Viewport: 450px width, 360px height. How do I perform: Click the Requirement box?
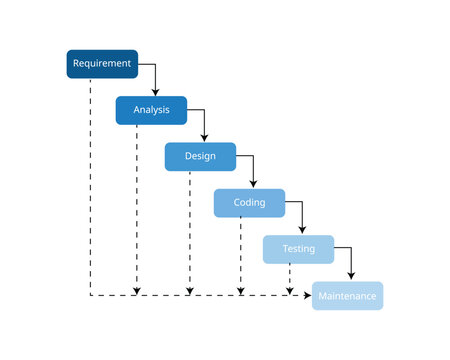[102, 64]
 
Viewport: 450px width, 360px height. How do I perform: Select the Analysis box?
[151, 110]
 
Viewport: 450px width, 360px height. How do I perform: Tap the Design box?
[200, 157]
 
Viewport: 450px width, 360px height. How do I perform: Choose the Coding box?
[249, 203]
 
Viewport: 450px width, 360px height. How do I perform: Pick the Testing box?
[298, 249]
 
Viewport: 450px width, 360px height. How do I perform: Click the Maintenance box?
[347, 296]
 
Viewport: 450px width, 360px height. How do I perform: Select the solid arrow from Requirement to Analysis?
[155, 75]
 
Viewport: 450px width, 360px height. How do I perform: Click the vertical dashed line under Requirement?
[90, 180]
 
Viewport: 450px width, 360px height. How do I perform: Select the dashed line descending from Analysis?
[137, 200]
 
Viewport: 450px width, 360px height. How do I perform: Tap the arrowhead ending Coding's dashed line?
[240, 291]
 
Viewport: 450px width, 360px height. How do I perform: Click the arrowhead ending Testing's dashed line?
[290, 291]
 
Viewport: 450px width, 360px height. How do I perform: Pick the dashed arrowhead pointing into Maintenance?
[307, 296]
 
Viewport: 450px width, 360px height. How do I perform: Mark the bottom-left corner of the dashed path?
[90, 296]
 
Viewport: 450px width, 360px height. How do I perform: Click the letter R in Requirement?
[75, 64]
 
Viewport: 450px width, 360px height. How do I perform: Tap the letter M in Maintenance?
[321, 296]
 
